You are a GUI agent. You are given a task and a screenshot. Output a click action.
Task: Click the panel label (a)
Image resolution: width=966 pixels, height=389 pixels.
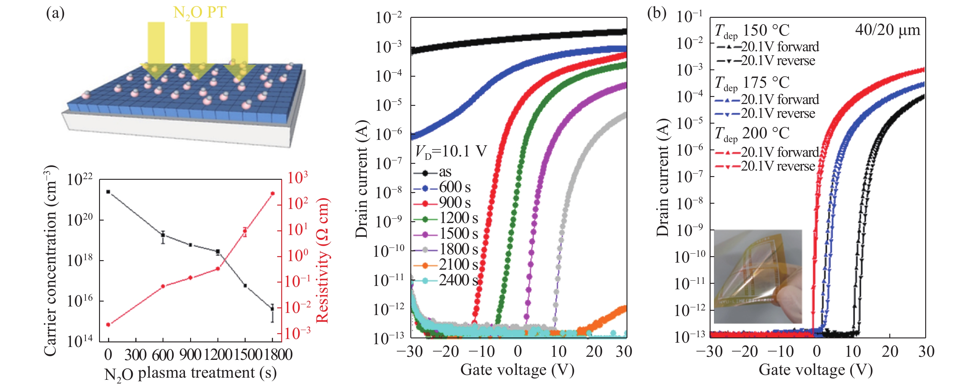click(55, 13)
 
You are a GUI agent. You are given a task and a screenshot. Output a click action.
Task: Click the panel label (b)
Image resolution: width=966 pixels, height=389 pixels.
click(657, 13)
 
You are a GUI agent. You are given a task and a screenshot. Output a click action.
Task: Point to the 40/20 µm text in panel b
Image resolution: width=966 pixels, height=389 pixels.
click(887, 30)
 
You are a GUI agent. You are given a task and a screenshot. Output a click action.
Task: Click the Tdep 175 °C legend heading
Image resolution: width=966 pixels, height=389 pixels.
click(752, 83)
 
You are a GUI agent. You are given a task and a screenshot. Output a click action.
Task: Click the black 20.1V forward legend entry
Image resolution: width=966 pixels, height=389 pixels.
click(767, 47)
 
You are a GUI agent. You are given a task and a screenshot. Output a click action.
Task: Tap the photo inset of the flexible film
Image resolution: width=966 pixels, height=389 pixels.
click(757, 276)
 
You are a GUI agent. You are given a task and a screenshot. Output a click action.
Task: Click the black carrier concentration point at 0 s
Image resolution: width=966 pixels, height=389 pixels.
click(108, 192)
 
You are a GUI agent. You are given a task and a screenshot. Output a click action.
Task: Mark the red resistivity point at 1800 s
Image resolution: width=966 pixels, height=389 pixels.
click(273, 194)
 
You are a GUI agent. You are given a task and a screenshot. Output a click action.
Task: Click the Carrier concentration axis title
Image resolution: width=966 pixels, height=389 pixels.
click(50, 261)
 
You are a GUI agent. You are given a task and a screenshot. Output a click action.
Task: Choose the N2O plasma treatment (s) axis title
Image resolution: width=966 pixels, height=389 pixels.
click(190, 374)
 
